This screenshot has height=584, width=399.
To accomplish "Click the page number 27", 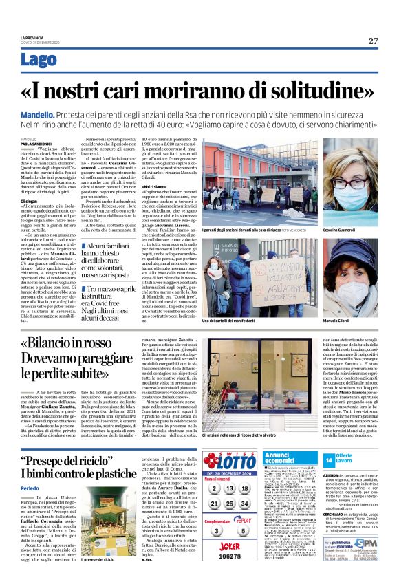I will (x=372, y=41).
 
